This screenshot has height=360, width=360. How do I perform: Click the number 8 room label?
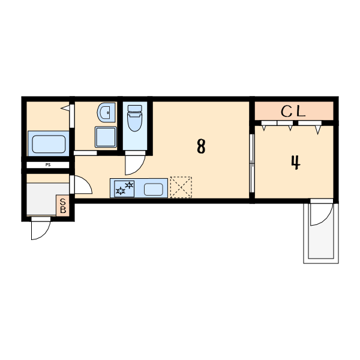[x=201, y=146]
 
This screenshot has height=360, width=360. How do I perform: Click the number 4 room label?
[x=296, y=163]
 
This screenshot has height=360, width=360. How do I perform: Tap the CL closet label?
[x=293, y=112]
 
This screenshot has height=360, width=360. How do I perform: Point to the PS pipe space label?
[x=48, y=164]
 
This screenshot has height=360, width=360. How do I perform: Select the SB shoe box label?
[x=62, y=206]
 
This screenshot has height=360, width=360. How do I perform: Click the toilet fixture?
[x=135, y=118]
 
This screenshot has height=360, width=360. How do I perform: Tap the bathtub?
[x=49, y=144]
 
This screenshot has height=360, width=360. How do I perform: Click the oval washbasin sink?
[x=106, y=112]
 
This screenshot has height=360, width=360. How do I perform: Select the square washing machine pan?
[x=106, y=137]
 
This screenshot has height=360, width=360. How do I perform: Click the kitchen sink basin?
[x=154, y=190]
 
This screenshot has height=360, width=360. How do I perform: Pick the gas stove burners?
[x=124, y=188]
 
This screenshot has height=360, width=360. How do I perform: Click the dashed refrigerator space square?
[x=181, y=187]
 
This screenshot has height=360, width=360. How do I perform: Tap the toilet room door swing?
[x=135, y=165]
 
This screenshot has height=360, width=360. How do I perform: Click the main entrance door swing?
[x=40, y=230]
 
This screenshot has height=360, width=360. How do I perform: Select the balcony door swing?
[x=322, y=214]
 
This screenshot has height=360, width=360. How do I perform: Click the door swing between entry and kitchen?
[x=83, y=185]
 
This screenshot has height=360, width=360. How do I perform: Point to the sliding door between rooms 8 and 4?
[x=252, y=163]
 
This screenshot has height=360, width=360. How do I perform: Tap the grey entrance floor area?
[x=41, y=199]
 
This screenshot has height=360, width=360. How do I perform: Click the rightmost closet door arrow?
[x=318, y=130]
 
